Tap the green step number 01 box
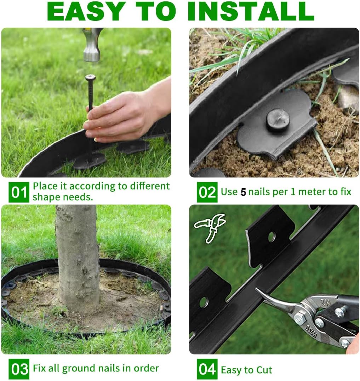[x=19, y=192]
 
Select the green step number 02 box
[x=207, y=192]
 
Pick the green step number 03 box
[x=19, y=369]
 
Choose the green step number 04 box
[x=207, y=369]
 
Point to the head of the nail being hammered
[x=90, y=77]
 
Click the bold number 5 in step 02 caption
[x=243, y=192]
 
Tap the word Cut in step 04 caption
[x=264, y=370]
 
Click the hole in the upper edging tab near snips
[x=272, y=237]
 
